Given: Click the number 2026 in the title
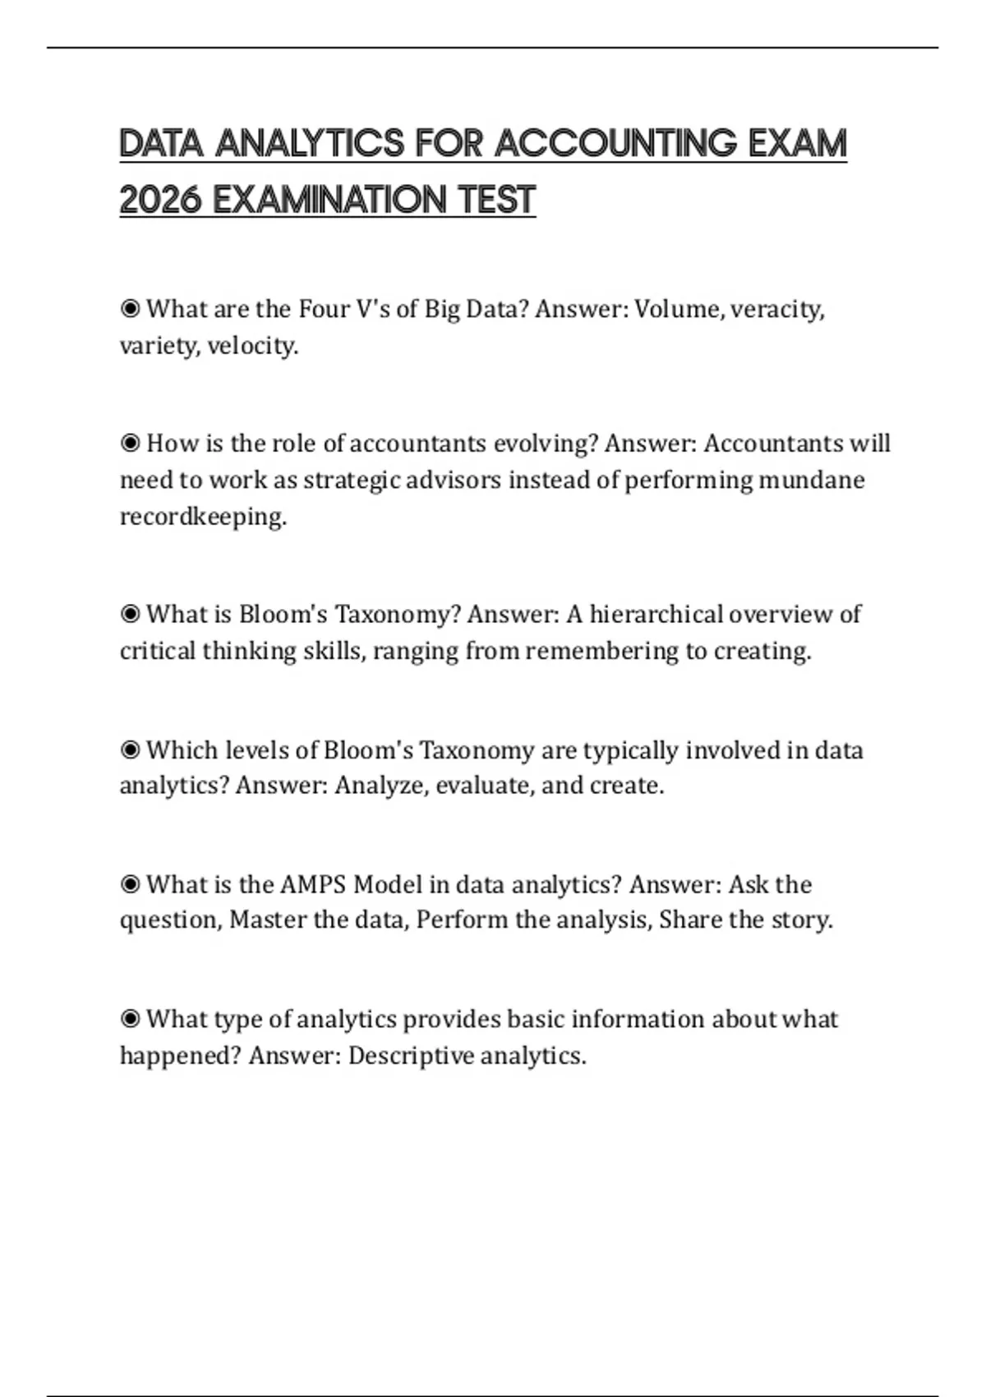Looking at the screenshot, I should pos(160,200).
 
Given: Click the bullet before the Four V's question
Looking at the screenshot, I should pos(130,309).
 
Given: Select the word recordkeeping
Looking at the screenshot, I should pos(203,517).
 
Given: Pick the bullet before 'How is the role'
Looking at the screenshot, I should pos(130,444).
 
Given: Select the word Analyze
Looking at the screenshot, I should pos(380,786).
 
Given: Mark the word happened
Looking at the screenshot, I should pos(179,1055).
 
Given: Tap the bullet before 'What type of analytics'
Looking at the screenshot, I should pos(130,1020).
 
